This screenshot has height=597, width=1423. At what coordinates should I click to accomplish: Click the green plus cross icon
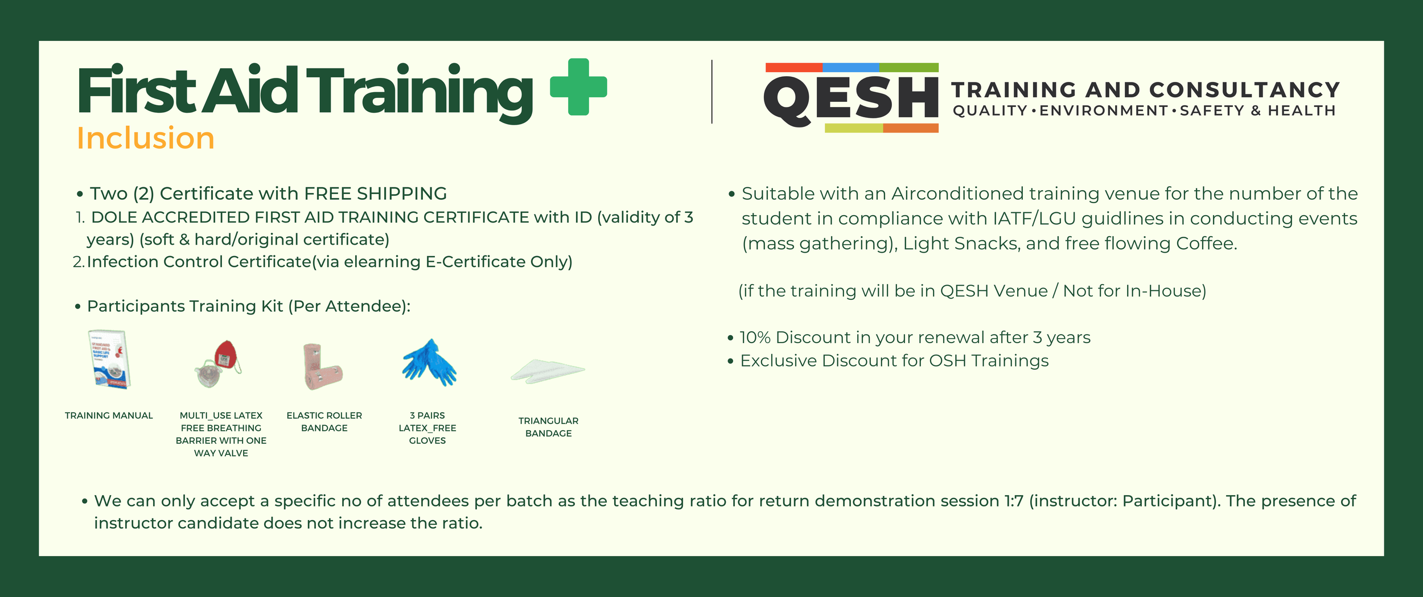578,87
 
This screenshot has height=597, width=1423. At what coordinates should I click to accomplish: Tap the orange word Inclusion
146,138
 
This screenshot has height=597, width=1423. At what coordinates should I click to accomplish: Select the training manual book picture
110,359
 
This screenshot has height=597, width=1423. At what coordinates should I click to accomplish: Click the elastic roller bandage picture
322,366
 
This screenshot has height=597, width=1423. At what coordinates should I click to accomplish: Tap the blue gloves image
429,363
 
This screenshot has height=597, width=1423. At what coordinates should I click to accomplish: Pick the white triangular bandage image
548,371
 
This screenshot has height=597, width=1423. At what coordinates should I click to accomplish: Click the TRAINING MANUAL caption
109,415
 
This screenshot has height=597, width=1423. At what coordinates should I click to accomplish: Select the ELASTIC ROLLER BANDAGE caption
324,422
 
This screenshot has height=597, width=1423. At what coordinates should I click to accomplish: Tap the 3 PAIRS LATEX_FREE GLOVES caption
427,428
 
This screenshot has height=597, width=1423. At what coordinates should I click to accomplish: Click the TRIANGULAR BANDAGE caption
548,427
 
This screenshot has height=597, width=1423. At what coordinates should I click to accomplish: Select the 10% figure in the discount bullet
755,337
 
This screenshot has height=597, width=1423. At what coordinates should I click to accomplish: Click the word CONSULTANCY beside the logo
1244,90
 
